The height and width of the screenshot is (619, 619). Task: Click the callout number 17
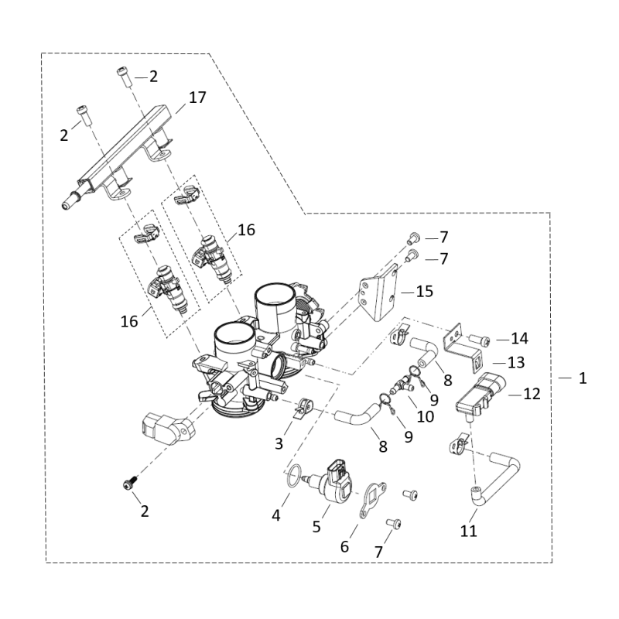(197, 97)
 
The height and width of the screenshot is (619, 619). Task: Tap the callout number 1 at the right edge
(583, 378)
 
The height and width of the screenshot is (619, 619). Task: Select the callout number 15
(425, 292)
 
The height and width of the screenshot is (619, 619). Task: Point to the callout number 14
(519, 338)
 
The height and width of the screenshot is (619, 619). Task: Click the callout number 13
(516, 362)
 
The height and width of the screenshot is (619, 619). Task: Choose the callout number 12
(532, 394)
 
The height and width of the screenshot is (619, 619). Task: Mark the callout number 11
(469, 531)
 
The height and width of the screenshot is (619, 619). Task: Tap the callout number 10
(425, 416)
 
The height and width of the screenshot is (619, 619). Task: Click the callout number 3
(279, 443)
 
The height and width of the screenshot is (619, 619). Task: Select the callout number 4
(276, 515)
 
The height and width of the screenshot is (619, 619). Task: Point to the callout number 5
(316, 527)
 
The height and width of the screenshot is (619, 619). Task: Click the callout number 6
(344, 547)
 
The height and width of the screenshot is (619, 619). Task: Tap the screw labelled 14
(480, 340)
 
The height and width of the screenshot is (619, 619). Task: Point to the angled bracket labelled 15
(378, 294)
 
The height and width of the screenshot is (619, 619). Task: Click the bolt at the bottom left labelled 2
(130, 483)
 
